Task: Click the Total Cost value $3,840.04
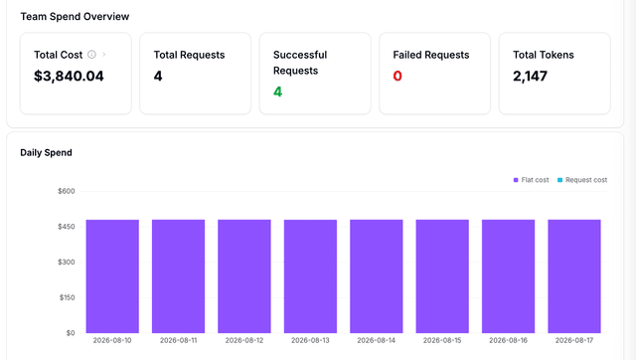(x=69, y=76)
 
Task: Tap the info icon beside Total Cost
(x=92, y=55)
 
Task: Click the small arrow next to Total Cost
(x=104, y=55)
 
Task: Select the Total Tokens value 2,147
(x=530, y=76)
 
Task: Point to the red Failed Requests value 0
(x=397, y=76)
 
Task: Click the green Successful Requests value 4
(x=277, y=91)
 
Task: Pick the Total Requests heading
(x=189, y=55)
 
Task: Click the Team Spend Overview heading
(x=75, y=17)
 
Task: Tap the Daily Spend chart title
(x=47, y=152)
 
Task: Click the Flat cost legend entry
(x=531, y=180)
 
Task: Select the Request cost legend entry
(x=582, y=180)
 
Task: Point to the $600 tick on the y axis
(x=67, y=191)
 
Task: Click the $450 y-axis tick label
(x=67, y=227)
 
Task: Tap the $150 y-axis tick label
(x=67, y=297)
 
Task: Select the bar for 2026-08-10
(x=112, y=276)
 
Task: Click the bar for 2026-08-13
(x=310, y=276)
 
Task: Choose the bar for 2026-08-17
(x=574, y=276)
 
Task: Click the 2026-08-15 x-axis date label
(x=442, y=340)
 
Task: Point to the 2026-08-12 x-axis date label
(x=244, y=340)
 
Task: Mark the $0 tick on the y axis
(x=71, y=333)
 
